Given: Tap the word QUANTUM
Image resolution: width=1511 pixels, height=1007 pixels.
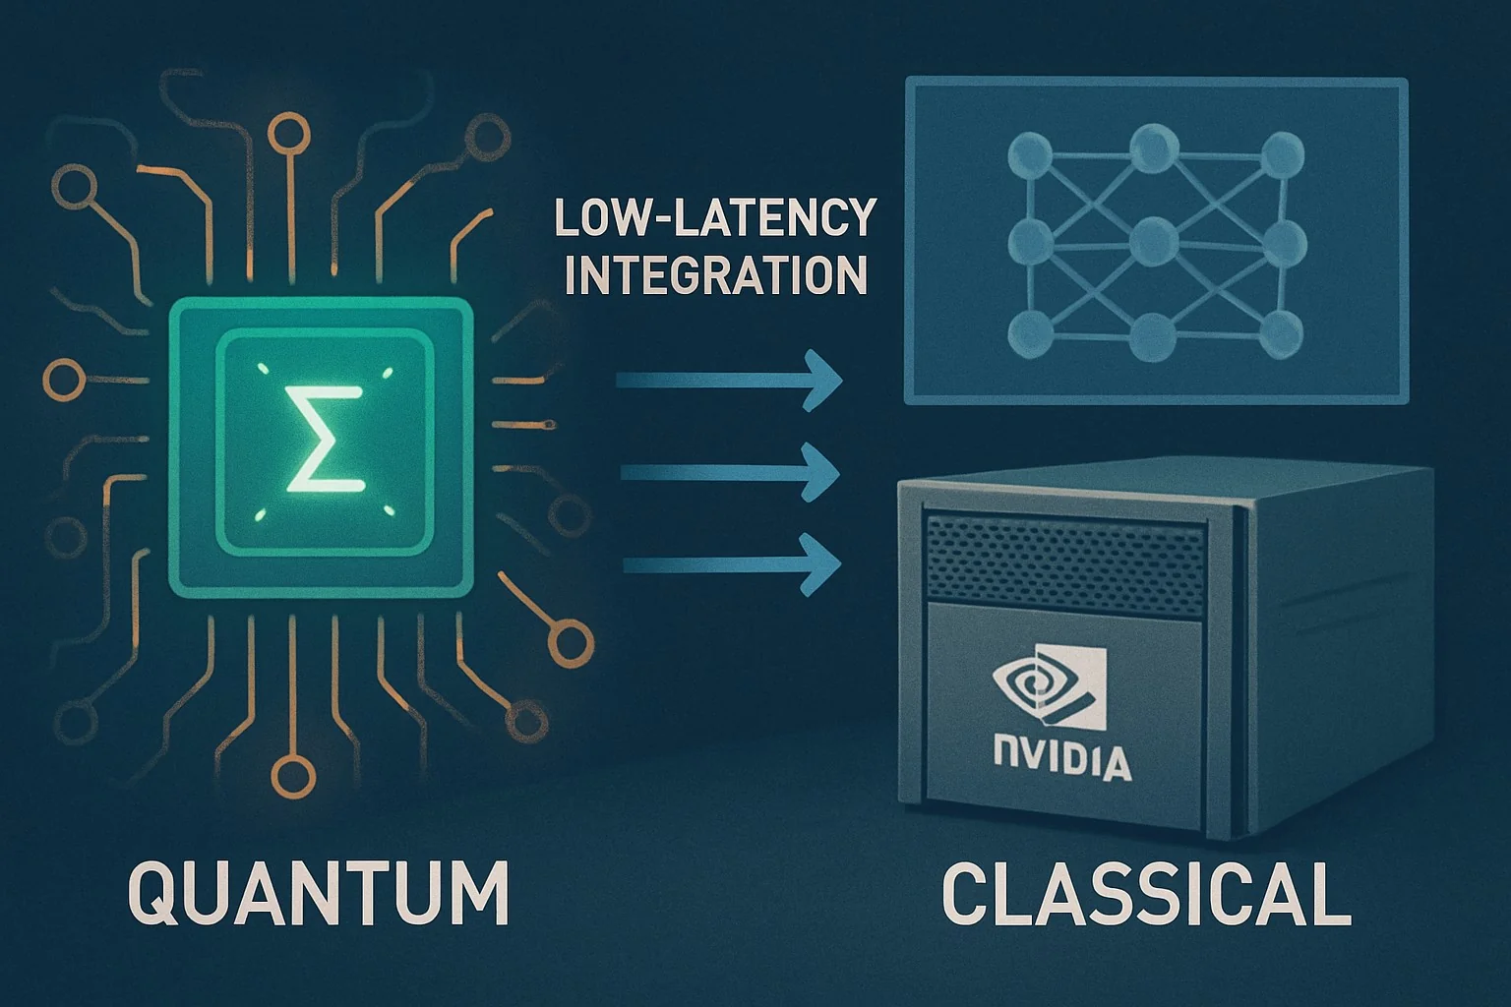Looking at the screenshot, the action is tap(319, 893).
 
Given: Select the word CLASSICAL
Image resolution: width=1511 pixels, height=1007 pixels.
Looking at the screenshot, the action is tap(1146, 894).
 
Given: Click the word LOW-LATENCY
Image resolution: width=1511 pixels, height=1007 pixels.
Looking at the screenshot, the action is tap(716, 217).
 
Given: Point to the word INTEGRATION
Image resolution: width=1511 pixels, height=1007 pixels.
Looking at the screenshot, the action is tap(716, 273).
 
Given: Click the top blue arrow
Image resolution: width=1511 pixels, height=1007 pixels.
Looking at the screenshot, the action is tap(730, 382).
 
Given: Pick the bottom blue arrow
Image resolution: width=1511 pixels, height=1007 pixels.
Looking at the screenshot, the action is tap(732, 563).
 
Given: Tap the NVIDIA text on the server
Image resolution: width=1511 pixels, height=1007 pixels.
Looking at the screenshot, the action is tap(1062, 761).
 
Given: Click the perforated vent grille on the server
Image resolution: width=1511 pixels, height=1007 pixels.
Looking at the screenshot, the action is tap(1065, 565).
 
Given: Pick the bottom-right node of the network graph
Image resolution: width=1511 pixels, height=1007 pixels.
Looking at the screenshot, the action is tap(1280, 333).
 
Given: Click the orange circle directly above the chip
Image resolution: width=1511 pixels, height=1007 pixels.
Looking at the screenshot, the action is tap(289, 134).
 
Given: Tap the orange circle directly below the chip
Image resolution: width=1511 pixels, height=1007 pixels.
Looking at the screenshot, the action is tap(293, 778).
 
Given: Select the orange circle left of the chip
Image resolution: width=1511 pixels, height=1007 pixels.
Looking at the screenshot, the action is tap(65, 380).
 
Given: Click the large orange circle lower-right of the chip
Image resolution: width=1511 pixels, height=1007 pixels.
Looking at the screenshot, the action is tap(571, 643).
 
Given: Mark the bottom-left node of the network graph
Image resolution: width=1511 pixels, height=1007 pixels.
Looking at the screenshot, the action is tap(1031, 334).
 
